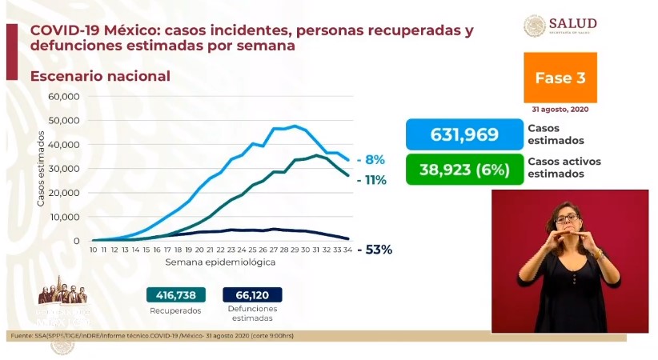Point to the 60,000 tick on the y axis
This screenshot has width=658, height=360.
65,96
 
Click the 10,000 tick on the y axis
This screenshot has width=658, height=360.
65,217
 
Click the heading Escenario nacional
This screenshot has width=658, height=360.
100,76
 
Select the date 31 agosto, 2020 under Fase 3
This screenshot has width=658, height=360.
560,109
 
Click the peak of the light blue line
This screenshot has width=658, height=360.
295,126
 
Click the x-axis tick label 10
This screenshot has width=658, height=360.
93,250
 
